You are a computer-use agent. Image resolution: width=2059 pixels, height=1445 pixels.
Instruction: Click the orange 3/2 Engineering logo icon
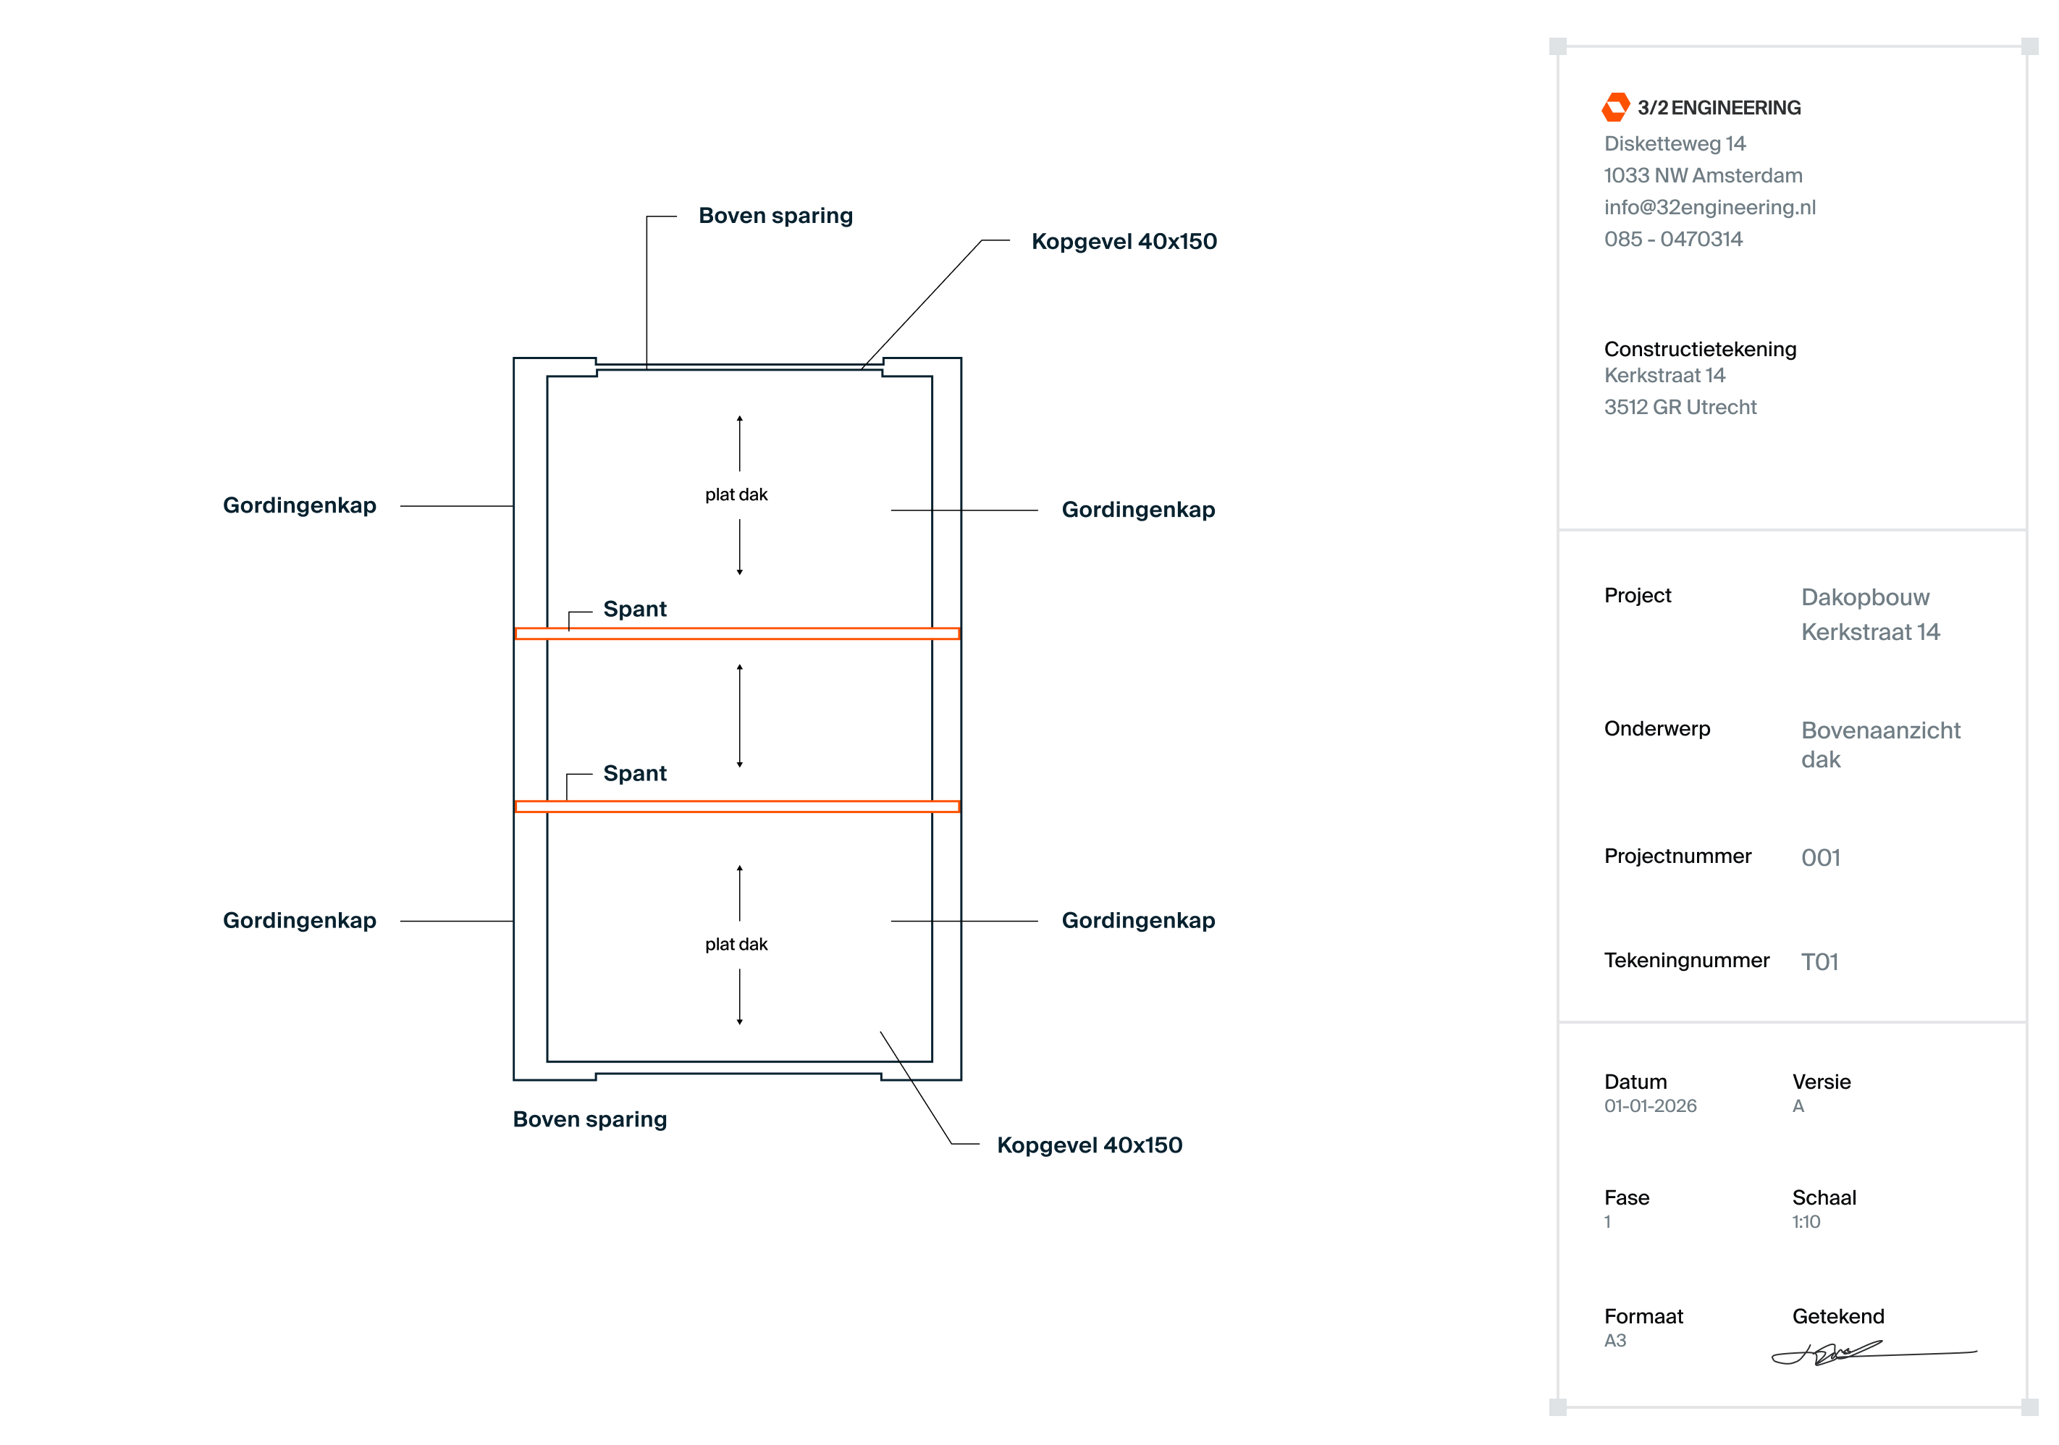(1615, 106)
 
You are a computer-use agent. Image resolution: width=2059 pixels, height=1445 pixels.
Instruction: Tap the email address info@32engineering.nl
(1709, 207)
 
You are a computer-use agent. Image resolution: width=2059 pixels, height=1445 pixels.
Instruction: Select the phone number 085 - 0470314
(1672, 239)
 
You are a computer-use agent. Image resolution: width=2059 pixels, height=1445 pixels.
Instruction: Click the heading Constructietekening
(1699, 349)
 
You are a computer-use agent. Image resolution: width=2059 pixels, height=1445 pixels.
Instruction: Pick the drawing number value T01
(1819, 961)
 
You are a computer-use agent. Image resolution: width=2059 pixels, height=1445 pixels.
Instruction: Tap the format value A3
(1614, 1340)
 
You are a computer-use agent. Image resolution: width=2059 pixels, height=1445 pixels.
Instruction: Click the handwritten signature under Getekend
(1829, 1352)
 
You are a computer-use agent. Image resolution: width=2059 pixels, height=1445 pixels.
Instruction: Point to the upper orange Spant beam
(737, 633)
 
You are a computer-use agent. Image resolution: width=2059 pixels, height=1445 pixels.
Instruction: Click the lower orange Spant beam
(737, 806)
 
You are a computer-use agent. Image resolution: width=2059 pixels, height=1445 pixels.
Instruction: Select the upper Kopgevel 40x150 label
(1124, 241)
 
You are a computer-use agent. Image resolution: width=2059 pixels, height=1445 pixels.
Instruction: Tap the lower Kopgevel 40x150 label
(1089, 1145)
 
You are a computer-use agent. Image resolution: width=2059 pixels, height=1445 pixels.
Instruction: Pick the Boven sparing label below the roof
(589, 1119)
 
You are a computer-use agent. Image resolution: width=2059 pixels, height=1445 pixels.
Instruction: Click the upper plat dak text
(736, 494)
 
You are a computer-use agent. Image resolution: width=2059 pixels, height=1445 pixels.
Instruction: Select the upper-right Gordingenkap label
(1137, 510)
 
